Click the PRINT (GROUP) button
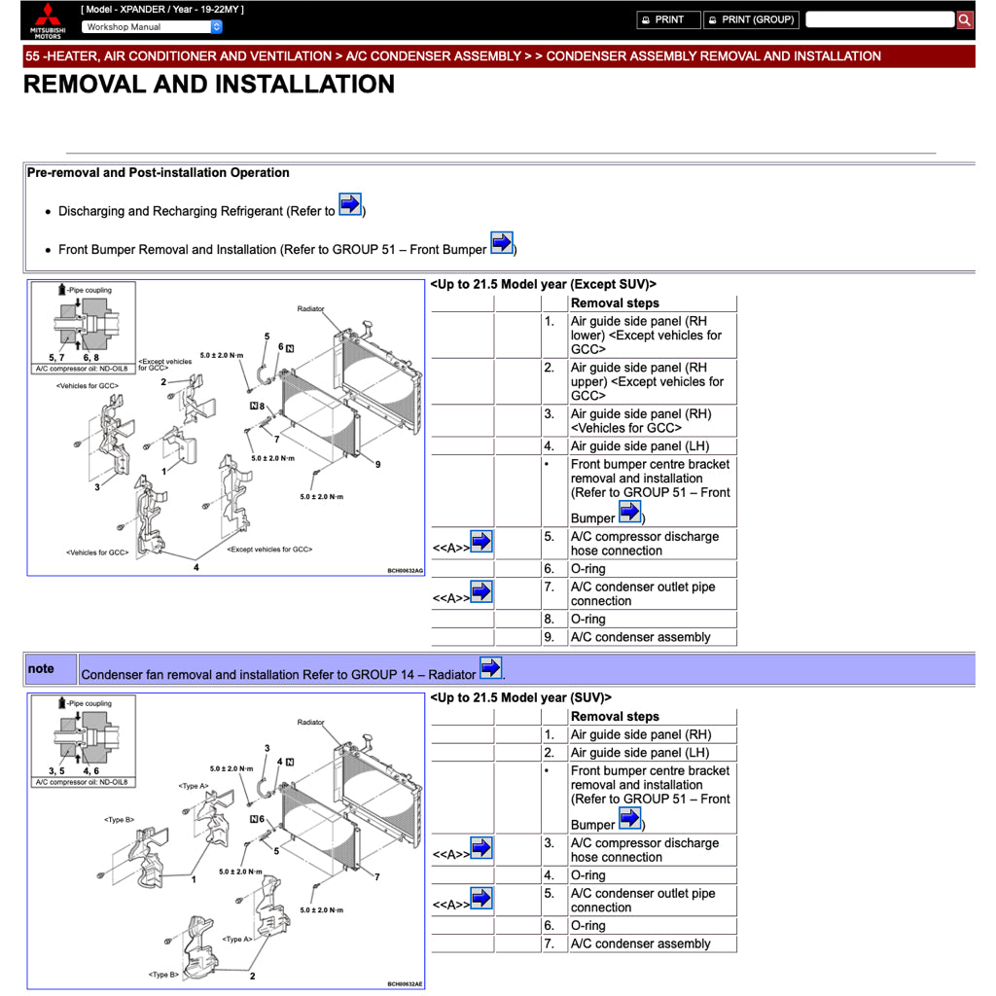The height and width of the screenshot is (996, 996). [750, 19]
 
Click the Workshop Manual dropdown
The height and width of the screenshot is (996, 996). [152, 27]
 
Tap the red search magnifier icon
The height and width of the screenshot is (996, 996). [964, 19]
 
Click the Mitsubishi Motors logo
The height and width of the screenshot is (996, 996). [47, 20]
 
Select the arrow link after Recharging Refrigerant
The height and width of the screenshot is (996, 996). [350, 205]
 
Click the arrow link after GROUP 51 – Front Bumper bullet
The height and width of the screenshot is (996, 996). [501, 243]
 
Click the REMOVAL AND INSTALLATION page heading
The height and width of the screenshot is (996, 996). [209, 85]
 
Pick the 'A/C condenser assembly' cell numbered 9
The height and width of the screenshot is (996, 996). [640, 637]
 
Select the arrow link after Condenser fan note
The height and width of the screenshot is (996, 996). [491, 668]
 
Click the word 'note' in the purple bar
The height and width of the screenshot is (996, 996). [41, 669]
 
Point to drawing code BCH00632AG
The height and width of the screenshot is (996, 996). [405, 571]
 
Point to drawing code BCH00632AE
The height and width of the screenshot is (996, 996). [405, 984]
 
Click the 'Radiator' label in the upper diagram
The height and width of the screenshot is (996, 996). [310, 309]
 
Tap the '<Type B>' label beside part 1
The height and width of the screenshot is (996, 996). [118, 820]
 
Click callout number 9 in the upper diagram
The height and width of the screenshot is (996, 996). [377, 464]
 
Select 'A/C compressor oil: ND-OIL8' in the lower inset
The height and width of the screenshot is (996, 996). [83, 782]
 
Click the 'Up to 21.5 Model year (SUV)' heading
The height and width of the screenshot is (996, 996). [520, 698]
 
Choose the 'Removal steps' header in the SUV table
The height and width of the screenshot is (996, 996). [615, 717]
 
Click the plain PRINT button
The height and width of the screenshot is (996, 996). [668, 19]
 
